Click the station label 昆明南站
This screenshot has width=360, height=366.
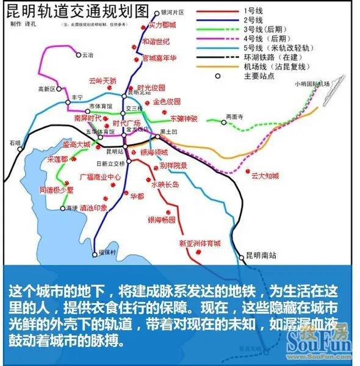[261, 255]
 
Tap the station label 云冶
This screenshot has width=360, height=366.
[87, 54]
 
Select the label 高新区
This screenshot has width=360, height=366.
[46, 89]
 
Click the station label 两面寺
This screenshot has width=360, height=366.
[235, 116]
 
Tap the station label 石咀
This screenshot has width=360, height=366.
[15, 143]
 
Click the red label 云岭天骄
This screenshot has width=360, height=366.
[102, 80]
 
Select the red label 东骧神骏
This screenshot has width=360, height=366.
[184, 117]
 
